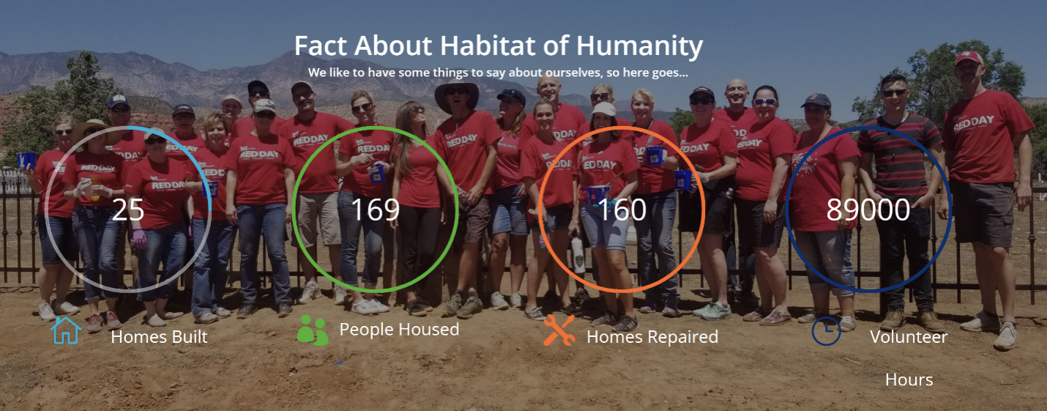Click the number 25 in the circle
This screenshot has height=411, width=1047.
127,210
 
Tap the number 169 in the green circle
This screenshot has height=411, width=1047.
376,210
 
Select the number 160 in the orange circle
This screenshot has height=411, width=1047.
622,210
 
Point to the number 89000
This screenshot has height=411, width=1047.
868,210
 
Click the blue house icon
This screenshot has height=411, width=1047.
65,330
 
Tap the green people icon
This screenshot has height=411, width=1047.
312,330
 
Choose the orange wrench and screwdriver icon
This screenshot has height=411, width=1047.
559,330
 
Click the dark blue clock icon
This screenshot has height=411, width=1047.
826,331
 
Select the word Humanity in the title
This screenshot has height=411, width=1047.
639,46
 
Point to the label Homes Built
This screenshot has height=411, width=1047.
159,337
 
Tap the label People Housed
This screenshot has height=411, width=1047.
399,329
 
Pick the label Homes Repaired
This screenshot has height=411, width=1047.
652,337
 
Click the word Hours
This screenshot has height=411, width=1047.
909,379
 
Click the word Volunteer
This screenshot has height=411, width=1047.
909,337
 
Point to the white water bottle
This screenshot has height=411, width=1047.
578,255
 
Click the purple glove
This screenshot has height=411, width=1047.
138,238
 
